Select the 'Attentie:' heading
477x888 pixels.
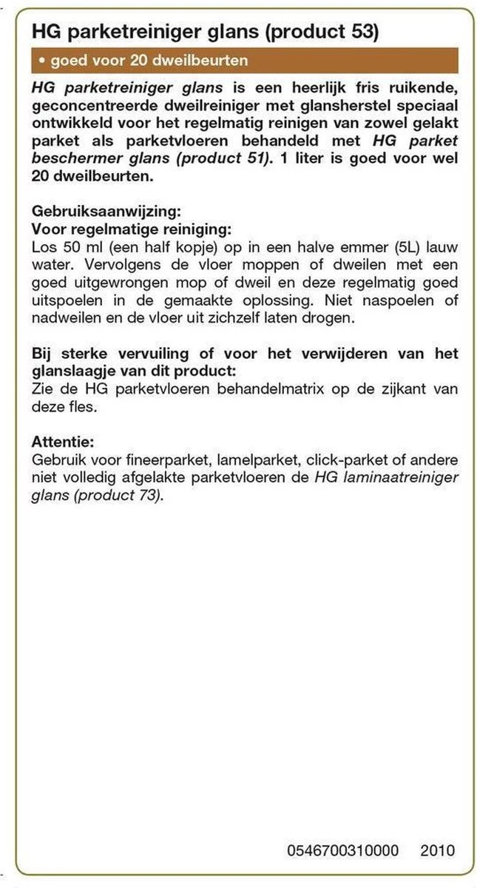pos(63,442)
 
